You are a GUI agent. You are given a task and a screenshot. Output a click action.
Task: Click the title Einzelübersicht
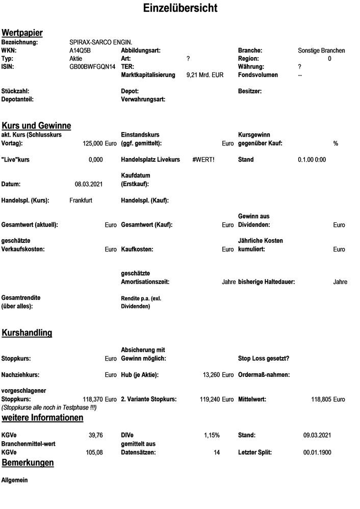180,9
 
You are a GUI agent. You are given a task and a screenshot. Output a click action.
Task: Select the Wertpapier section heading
22,33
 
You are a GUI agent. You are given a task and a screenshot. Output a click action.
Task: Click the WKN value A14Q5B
80,50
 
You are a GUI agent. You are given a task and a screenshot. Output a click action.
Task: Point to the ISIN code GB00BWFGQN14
92,67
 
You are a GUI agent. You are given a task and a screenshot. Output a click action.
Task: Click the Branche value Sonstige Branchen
321,50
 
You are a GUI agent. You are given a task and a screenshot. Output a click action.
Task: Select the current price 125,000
92,144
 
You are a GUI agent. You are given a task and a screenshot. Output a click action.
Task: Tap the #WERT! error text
203,160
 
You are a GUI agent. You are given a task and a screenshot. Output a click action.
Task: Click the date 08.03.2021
89,184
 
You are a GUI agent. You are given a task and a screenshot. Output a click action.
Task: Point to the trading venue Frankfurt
81,200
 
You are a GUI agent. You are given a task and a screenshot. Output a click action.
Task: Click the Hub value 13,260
211,375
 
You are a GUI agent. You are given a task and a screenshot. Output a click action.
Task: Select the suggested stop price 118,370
92,399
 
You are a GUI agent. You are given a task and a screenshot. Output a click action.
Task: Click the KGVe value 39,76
95,435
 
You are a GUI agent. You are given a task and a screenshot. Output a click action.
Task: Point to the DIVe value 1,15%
212,435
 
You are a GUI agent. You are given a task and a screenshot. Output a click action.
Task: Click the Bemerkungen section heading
28,463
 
